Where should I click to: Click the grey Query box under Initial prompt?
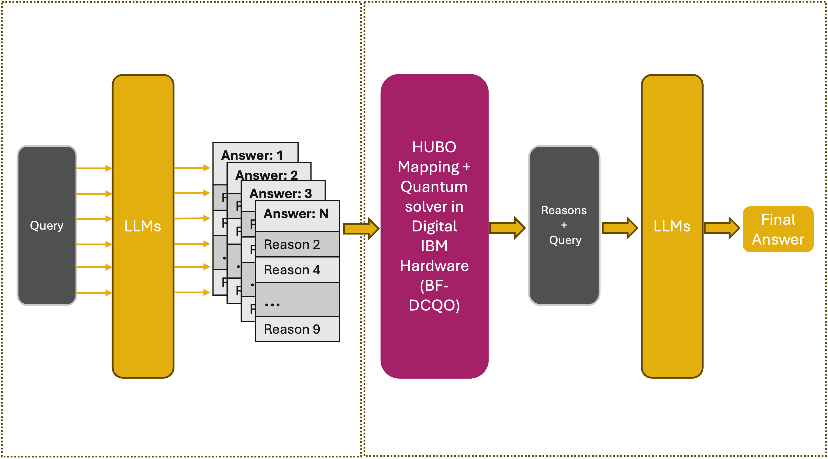click(x=47, y=225)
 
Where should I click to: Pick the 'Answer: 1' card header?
click(x=252, y=155)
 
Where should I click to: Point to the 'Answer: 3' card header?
click(x=281, y=193)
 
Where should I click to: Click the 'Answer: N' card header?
click(x=296, y=214)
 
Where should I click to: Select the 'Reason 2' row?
click(x=292, y=245)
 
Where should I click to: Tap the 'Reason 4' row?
click(x=292, y=270)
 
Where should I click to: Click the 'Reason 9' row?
click(x=292, y=329)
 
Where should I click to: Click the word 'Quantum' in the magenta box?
click(x=434, y=187)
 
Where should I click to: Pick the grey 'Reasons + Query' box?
click(x=564, y=225)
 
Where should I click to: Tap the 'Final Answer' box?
click(x=778, y=229)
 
